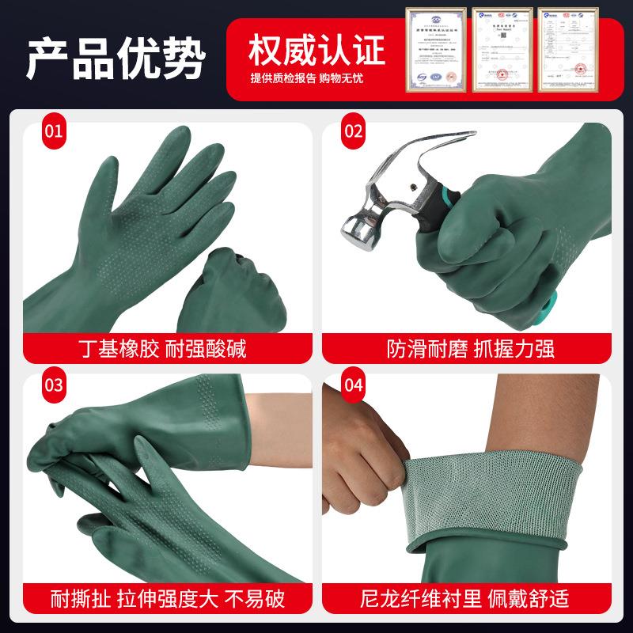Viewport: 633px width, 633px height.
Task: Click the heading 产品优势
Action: tap(116, 57)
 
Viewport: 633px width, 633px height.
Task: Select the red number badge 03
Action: tap(52, 385)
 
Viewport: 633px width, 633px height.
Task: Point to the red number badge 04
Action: tap(352, 385)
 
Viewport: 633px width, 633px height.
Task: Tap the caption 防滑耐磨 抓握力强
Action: tap(467, 347)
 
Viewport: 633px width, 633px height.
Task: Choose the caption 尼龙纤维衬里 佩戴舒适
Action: tap(467, 598)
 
